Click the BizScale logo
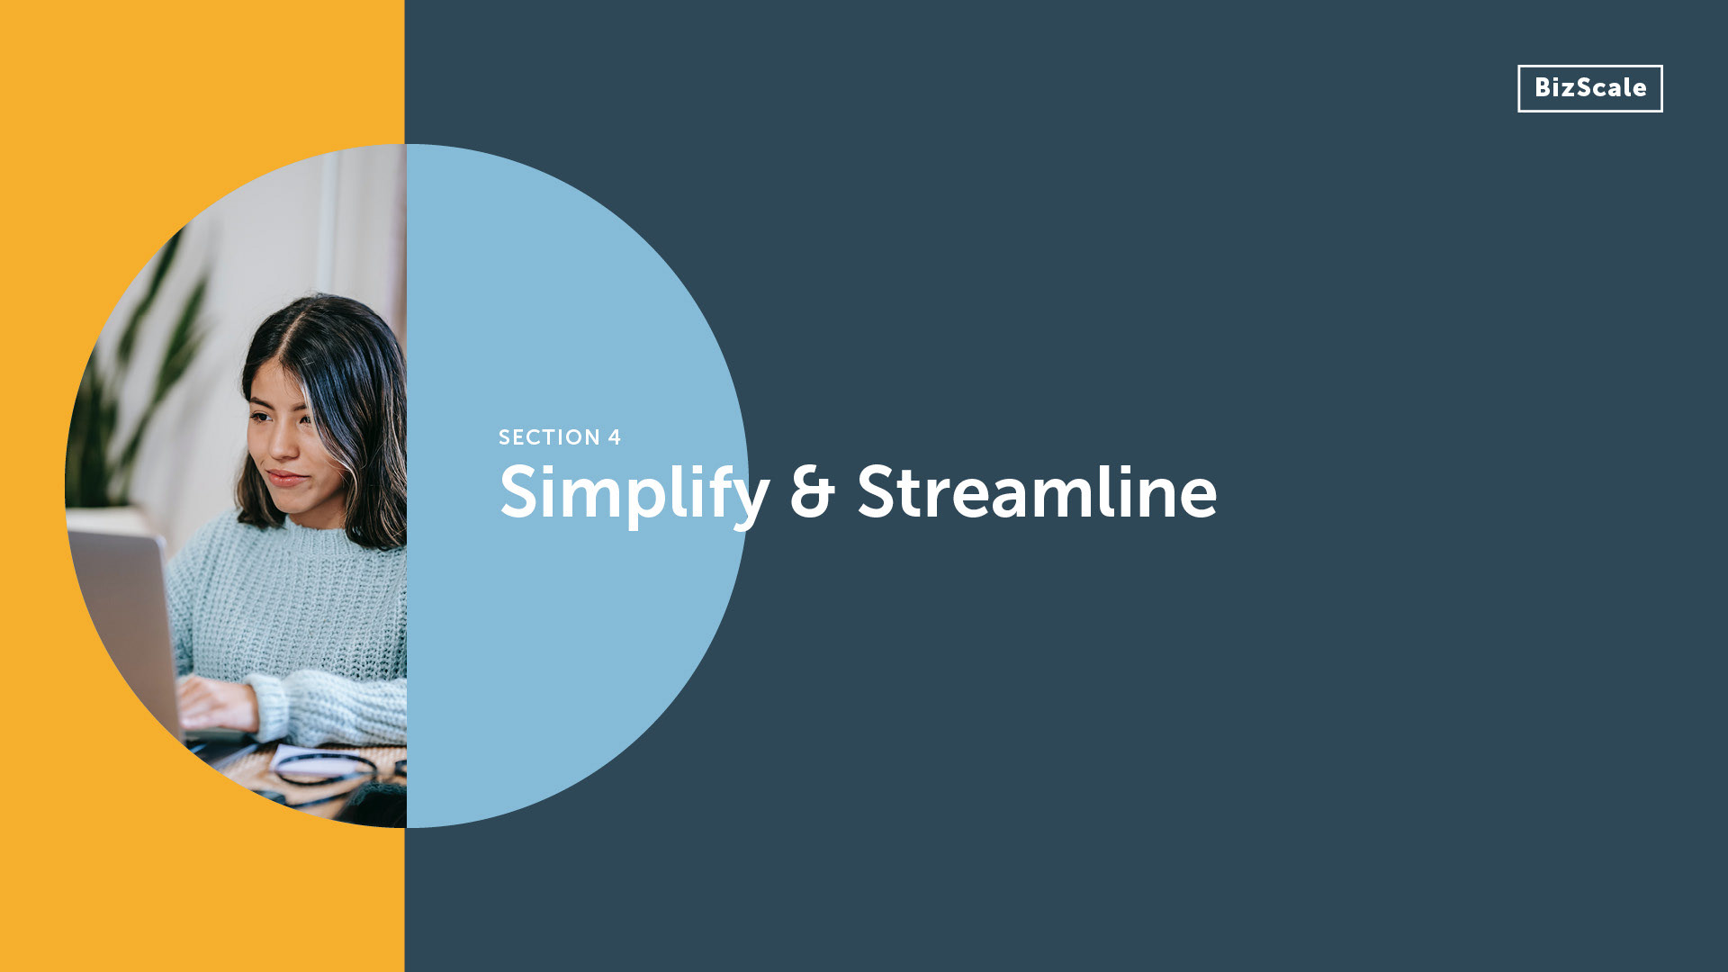[1589, 88]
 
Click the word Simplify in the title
[634, 493]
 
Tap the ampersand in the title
[813, 492]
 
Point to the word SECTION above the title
[549, 437]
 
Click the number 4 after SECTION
[615, 437]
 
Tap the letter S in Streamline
[877, 492]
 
